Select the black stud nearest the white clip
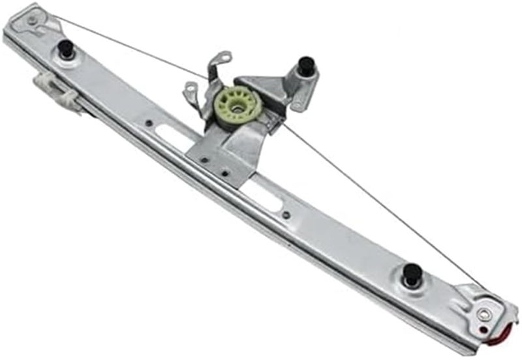(x=65, y=48)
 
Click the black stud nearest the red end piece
(x=412, y=273)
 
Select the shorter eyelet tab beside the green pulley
(x=192, y=89)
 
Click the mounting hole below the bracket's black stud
(x=297, y=105)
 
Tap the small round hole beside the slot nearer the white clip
(x=149, y=122)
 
